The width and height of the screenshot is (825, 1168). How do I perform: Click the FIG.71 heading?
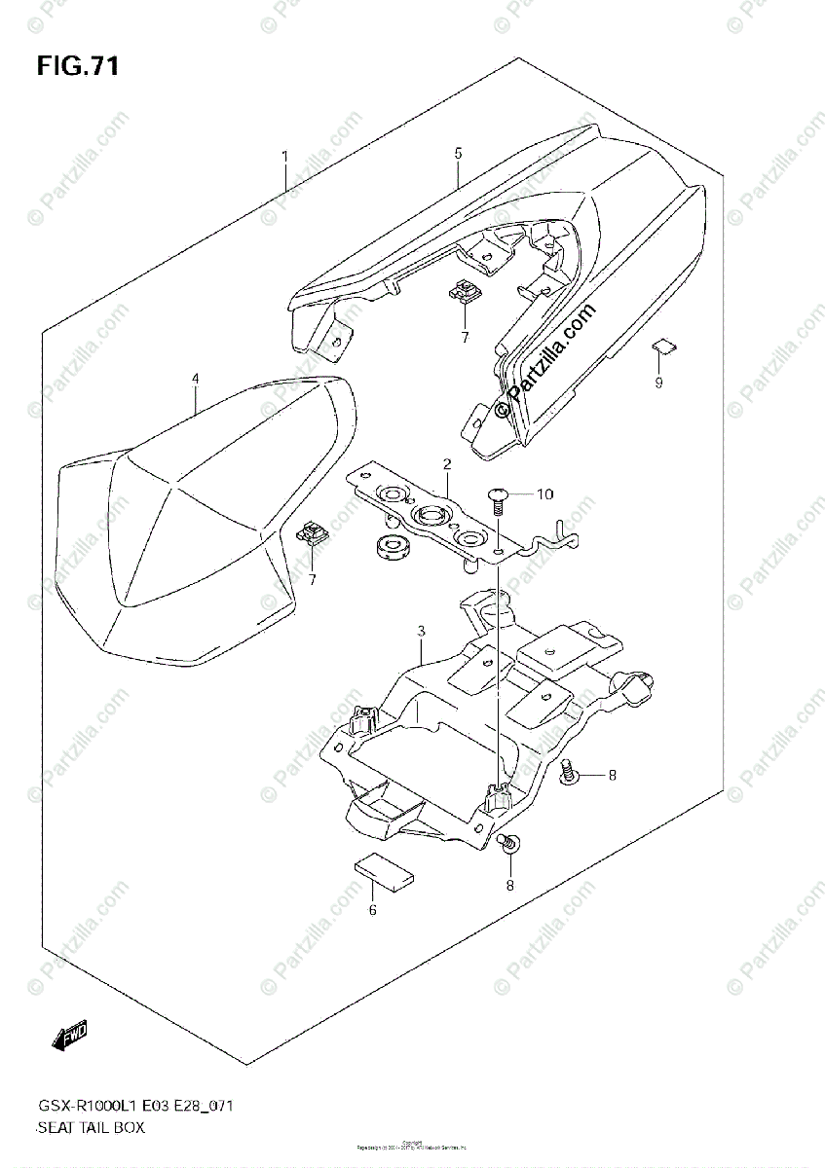pos(79,67)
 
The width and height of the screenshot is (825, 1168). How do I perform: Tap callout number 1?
pos(284,156)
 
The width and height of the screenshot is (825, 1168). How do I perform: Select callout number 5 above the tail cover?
pos(458,154)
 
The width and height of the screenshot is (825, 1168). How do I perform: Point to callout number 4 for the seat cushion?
pos(195,379)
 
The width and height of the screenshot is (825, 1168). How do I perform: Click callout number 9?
pos(658,383)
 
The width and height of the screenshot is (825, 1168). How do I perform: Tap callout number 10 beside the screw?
pos(544,494)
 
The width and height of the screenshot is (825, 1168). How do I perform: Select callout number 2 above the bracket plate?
pos(446,464)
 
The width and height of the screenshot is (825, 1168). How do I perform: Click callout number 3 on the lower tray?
pos(420,632)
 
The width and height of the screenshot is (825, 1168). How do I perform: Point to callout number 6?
pos(372,910)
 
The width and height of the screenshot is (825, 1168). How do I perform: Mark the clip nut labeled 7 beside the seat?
pos(313,532)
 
